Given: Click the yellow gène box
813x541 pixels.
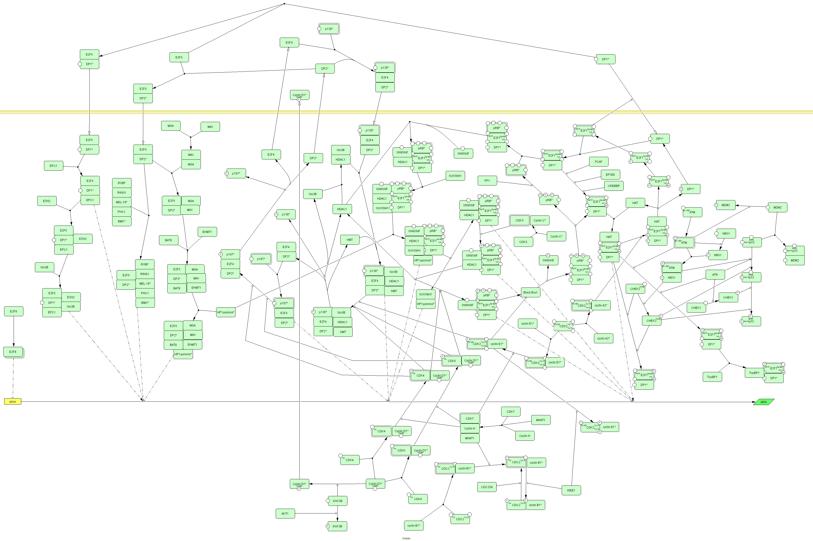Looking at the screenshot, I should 13,401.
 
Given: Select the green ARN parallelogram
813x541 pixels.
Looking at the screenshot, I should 763,402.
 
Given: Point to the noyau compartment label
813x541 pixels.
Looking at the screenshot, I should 406,538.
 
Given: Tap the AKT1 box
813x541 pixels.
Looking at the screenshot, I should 285,513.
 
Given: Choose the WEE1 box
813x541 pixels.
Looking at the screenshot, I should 571,490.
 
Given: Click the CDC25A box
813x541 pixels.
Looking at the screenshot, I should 487,487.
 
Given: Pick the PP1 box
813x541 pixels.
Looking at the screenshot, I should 487,180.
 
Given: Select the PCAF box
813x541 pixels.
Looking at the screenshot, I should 598,162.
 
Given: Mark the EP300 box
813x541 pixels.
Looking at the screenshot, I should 610,175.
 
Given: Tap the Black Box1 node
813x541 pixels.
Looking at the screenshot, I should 530,292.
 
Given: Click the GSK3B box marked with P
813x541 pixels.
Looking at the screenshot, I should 337,526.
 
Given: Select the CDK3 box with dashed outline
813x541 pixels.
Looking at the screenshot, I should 519,220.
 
